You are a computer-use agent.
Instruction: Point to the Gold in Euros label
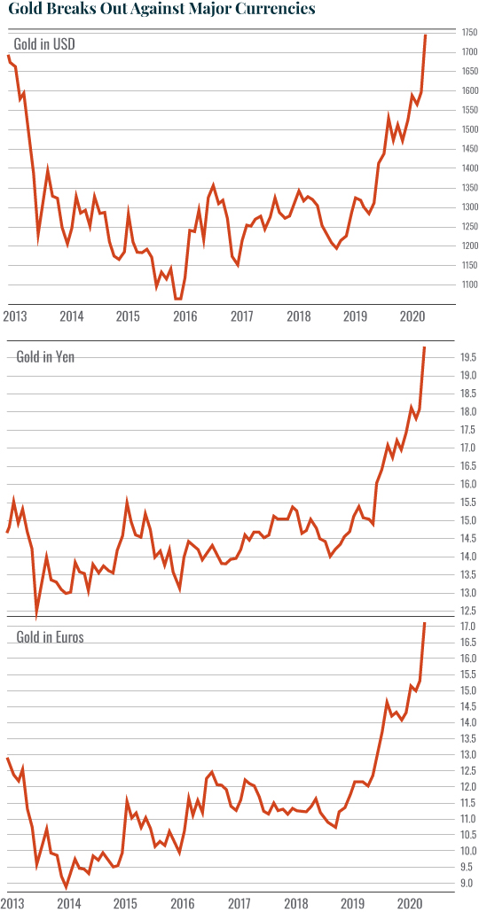(x=51, y=636)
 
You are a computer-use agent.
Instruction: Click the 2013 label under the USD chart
(x=15, y=316)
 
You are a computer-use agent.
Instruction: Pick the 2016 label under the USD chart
(x=185, y=316)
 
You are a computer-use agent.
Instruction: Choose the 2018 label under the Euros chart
(x=298, y=902)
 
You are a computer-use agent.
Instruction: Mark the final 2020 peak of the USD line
(x=426, y=35)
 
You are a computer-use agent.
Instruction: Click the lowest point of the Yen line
(x=36, y=617)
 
